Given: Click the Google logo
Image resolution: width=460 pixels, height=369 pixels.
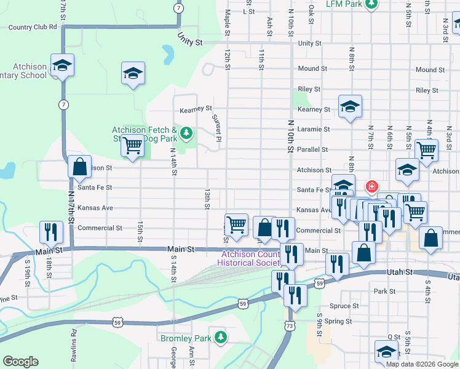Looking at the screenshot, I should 20,362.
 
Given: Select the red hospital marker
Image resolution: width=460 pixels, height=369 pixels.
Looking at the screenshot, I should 371,186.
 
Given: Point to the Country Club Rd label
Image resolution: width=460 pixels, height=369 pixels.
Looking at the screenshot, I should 33,27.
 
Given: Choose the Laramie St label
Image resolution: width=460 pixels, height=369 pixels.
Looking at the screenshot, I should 314,129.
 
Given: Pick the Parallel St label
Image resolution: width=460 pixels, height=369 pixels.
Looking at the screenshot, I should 312,149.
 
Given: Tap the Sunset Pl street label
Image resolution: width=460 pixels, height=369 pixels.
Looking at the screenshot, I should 216,127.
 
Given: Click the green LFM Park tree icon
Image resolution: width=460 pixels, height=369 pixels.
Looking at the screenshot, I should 371,4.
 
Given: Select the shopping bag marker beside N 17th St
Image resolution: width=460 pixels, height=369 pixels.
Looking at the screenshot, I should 79,166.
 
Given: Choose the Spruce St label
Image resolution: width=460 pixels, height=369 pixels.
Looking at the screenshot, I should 344,306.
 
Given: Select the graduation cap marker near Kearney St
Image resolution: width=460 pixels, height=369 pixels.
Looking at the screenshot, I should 350,106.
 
